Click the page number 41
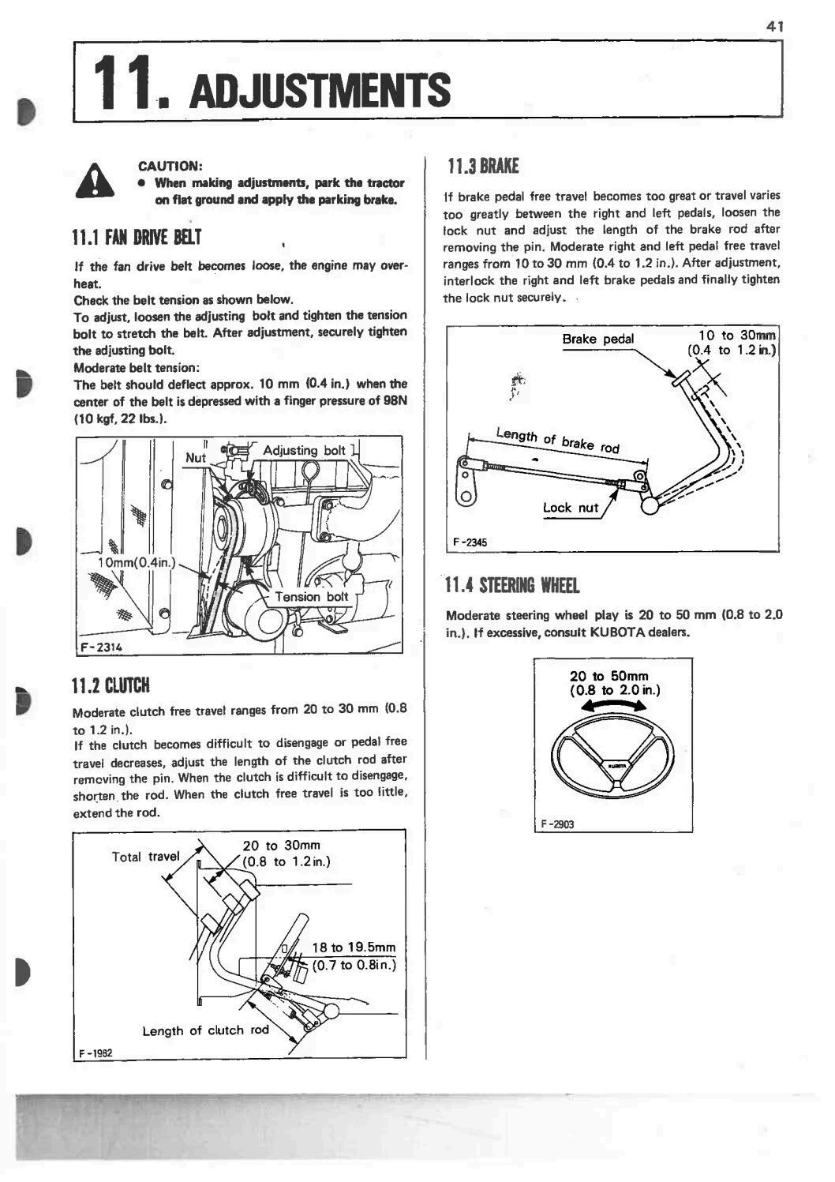point(773,26)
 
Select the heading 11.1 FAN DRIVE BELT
point(137,237)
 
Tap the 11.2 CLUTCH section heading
point(110,684)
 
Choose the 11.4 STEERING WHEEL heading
point(512,586)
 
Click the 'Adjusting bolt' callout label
point(304,450)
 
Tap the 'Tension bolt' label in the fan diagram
point(311,597)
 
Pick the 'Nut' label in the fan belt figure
point(195,458)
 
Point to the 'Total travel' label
point(146,857)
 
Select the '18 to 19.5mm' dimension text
point(354,947)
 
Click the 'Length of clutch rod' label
point(205,1030)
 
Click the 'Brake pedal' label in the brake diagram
point(597,339)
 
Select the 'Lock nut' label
point(570,508)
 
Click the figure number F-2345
point(470,542)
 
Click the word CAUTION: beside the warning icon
point(171,166)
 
